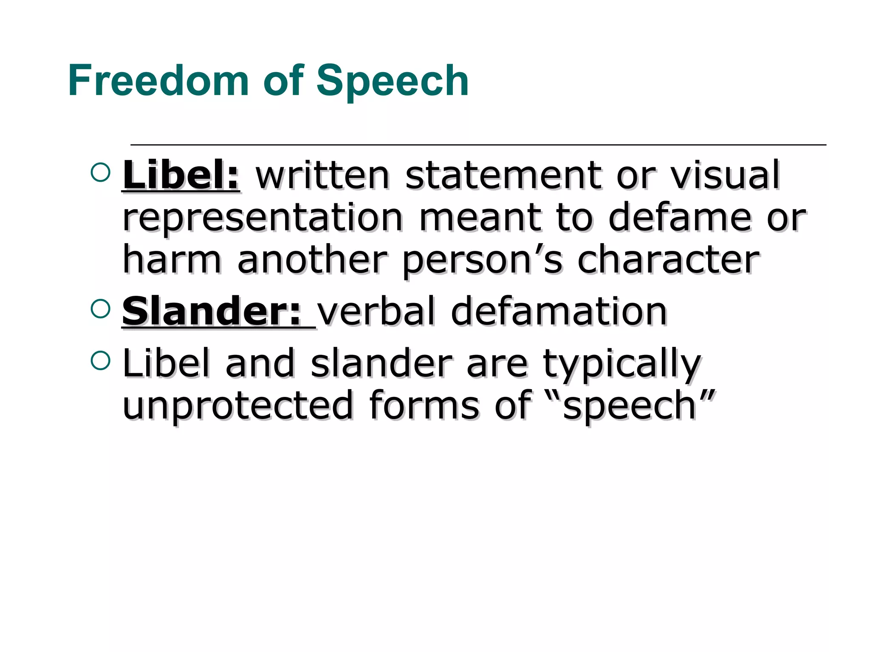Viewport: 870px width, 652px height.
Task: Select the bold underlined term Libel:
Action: pyautogui.click(x=181, y=176)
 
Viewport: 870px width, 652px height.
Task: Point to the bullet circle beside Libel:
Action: pyautogui.click(x=101, y=172)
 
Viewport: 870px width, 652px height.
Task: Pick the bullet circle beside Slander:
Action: pyautogui.click(x=101, y=309)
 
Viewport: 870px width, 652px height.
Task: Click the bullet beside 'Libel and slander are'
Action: pyautogui.click(x=101, y=360)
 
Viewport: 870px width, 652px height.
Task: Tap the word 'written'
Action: pyautogui.click(x=322, y=176)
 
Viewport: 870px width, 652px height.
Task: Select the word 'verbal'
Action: pyautogui.click(x=376, y=312)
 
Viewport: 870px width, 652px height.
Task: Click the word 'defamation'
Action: pyautogui.click(x=559, y=312)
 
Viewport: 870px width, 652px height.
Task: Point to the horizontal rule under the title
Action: pyautogui.click(x=478, y=145)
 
